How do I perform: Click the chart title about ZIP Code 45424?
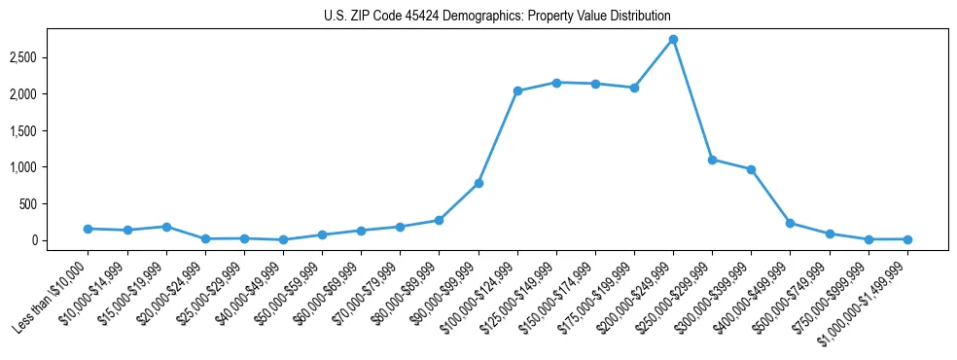tap(497, 17)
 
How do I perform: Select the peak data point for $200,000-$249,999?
tap(673, 40)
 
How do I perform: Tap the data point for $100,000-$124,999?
tap(517, 91)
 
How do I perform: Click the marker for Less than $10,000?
tap(88, 229)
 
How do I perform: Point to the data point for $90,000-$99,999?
tap(478, 183)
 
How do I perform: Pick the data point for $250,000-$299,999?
tap(712, 160)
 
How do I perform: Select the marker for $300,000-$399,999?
tap(751, 169)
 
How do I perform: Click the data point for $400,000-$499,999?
tap(790, 223)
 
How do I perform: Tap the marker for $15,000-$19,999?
tap(166, 227)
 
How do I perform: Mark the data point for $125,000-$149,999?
tap(556, 83)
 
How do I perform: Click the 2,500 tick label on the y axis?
tap(23, 57)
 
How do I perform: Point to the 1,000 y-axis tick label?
tap(23, 167)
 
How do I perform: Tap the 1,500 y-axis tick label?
tap(23, 130)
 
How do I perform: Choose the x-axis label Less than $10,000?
tap(51, 295)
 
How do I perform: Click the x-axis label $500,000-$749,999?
tap(789, 295)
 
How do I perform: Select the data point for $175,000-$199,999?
tap(634, 88)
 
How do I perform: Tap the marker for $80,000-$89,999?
tap(439, 221)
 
